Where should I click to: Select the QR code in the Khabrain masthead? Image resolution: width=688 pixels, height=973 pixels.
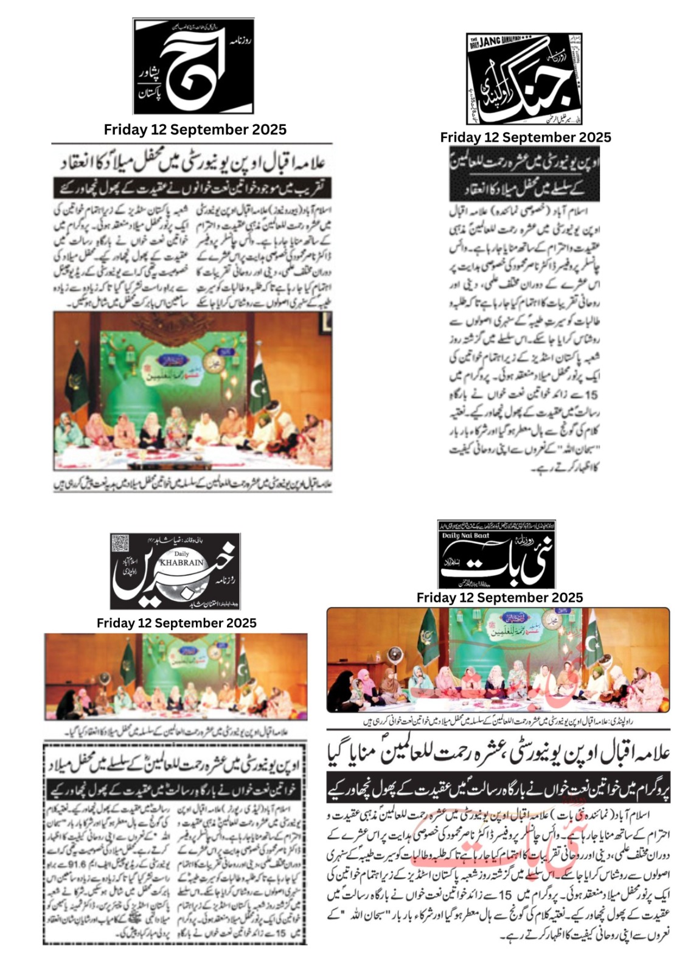pos(120,542)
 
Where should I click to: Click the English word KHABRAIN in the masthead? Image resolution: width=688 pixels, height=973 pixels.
pos(181,563)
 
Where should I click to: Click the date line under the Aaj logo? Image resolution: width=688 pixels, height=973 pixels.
pos(195,130)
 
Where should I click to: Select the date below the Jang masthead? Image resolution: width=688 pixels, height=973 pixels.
pos(526,137)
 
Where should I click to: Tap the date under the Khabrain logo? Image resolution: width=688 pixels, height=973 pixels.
pos(176,623)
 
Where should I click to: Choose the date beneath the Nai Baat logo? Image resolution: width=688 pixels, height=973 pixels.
pos(499,598)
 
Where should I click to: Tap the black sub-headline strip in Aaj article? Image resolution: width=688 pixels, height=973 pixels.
pos(192,187)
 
